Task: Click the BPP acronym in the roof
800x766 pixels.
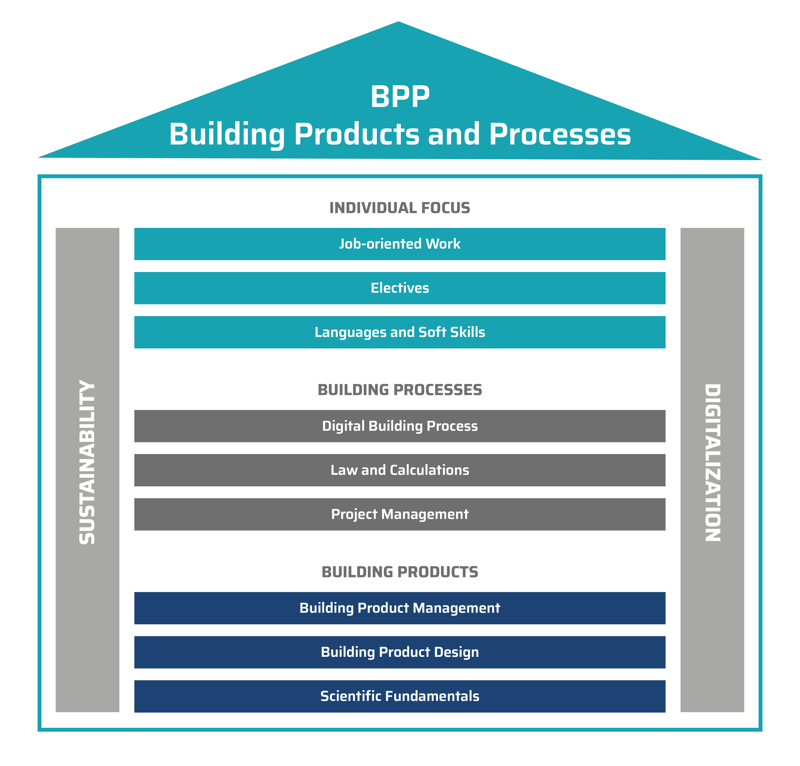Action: pos(400,97)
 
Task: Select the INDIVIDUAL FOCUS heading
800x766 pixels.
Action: pos(400,208)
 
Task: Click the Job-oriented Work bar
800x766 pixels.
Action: pos(400,244)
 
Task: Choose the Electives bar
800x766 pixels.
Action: pos(400,288)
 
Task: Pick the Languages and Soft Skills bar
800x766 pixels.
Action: pos(400,332)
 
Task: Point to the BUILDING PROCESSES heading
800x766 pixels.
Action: pos(400,390)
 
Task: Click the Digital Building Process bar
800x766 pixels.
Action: pos(400,426)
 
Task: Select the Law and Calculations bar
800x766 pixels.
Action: pos(400,470)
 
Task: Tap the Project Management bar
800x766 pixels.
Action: pos(400,514)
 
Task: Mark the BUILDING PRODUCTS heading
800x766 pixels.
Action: pos(400,572)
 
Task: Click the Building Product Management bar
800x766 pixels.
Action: pos(400,608)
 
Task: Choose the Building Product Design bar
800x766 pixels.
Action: pos(400,652)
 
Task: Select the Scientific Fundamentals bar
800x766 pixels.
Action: pos(400,696)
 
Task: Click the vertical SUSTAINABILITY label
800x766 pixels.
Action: pos(87,462)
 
